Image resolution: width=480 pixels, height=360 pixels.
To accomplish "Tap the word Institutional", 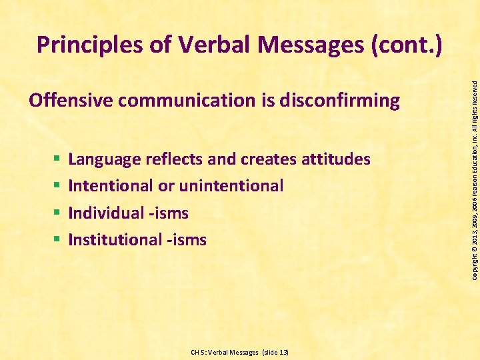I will [x=113, y=239].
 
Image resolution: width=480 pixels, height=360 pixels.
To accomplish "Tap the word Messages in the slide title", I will [x=307, y=45].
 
